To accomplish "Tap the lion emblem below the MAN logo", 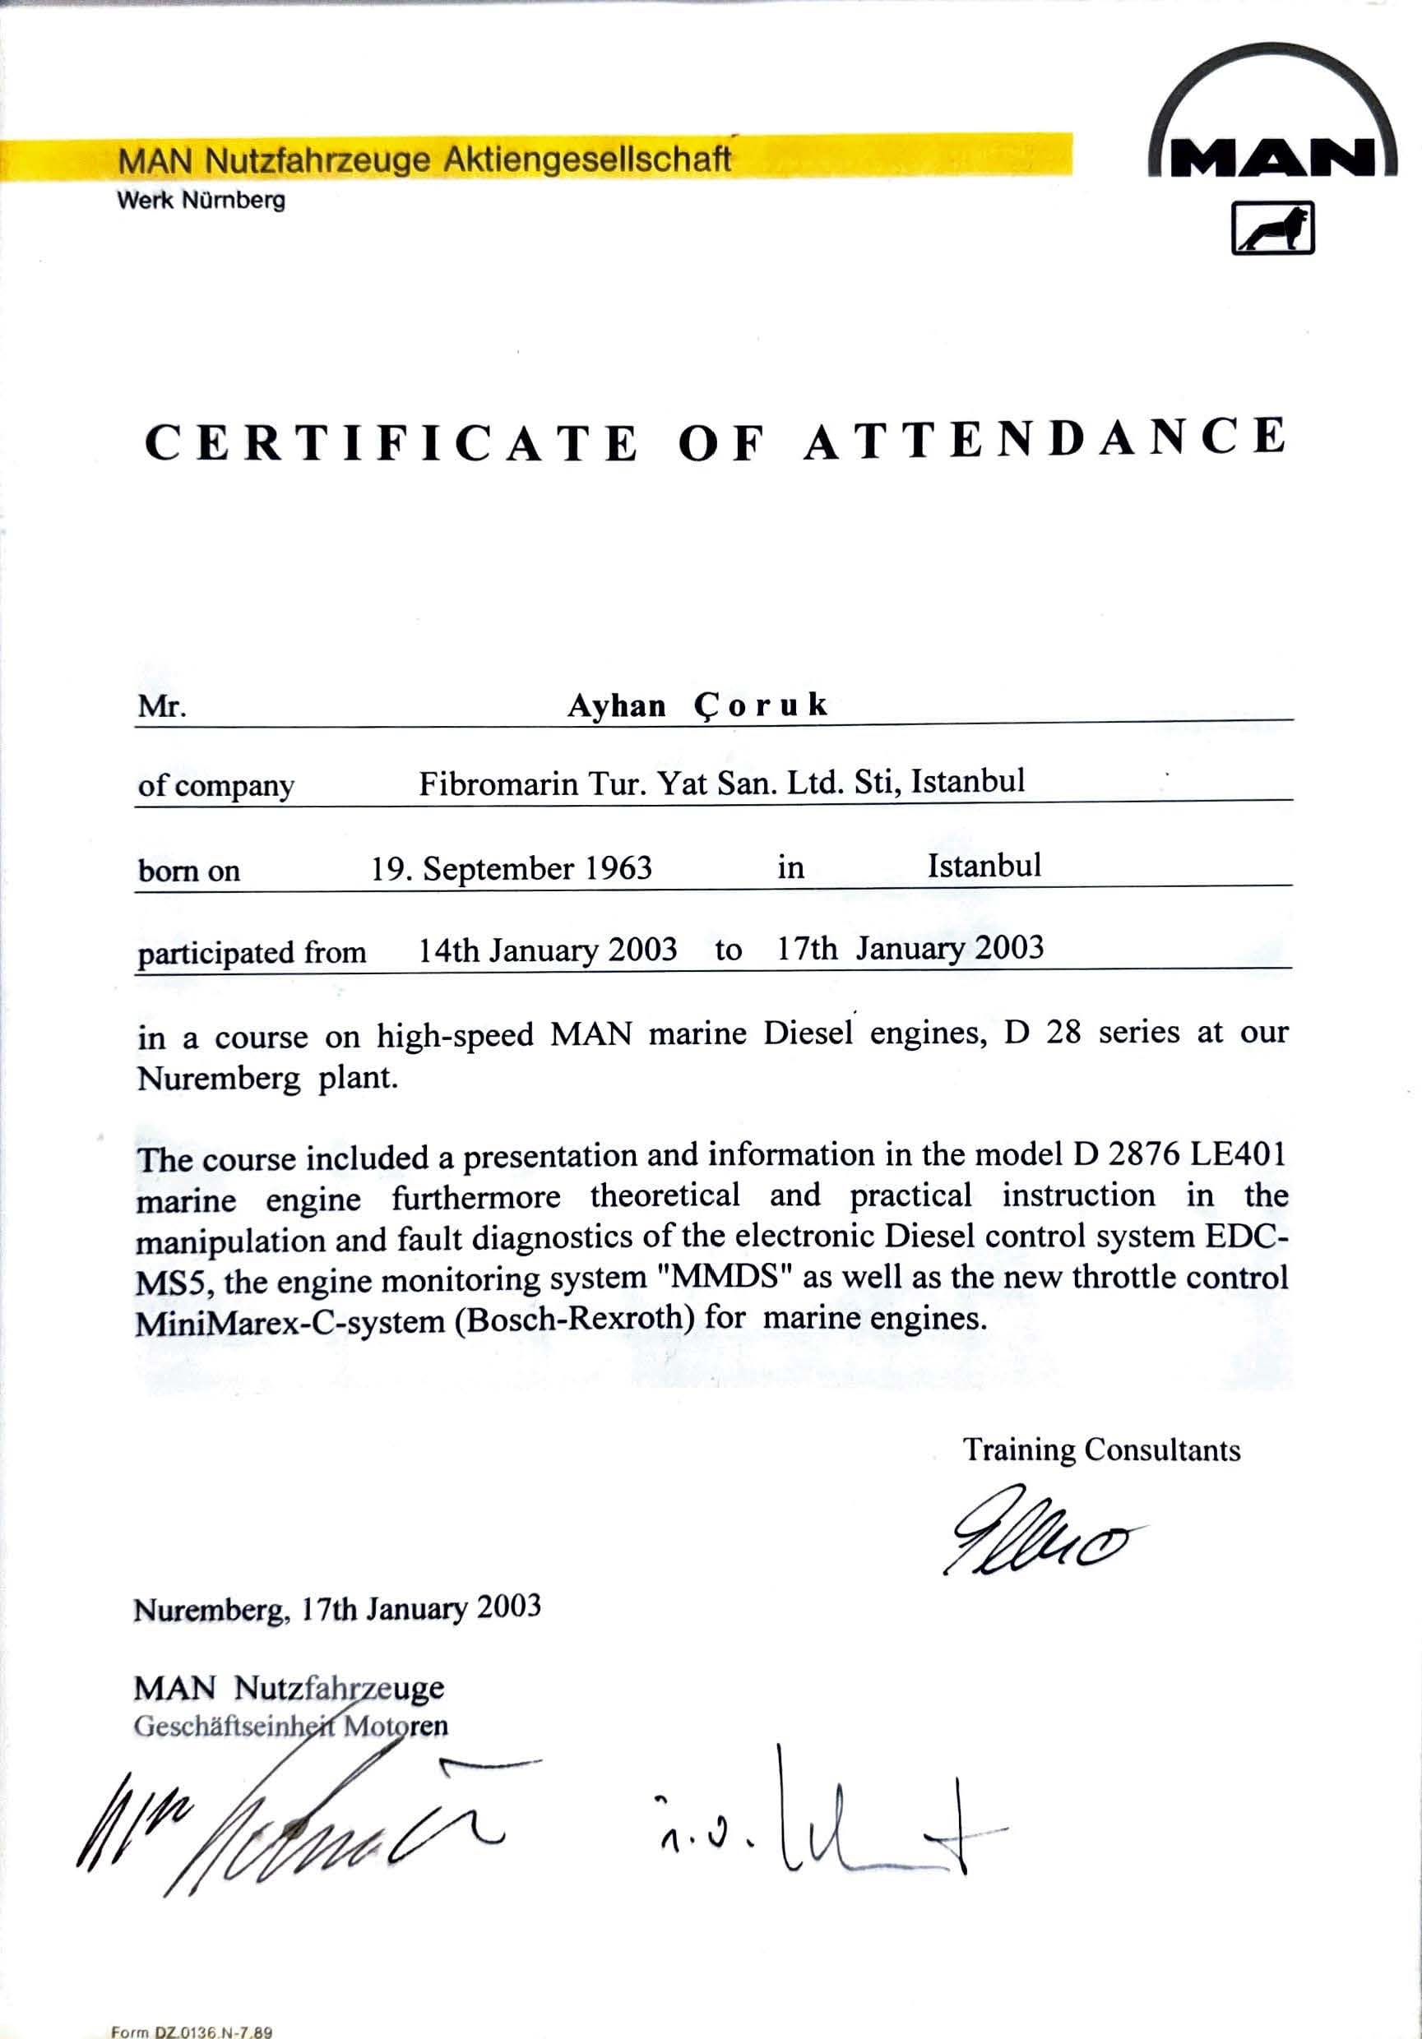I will point(1271,229).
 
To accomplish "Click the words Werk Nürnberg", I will point(201,201).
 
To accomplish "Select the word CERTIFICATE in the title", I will point(391,442).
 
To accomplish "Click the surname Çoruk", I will point(760,705).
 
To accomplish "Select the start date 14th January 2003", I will point(547,950).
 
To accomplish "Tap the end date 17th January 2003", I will point(910,948).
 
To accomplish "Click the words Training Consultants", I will point(1101,1450).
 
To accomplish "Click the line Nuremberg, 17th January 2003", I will point(336,1609).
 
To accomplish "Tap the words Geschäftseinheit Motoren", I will point(290,1727).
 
